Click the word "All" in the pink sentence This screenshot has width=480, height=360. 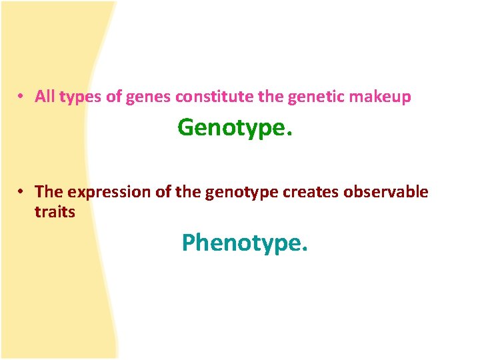click(x=45, y=97)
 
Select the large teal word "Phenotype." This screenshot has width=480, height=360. click(x=245, y=243)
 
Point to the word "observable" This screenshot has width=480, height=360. click(x=386, y=192)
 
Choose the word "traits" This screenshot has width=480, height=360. click(x=55, y=213)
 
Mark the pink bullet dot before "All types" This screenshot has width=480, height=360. click(x=22, y=97)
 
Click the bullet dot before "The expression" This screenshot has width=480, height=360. click(x=22, y=192)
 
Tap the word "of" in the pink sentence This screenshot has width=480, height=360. click(x=114, y=97)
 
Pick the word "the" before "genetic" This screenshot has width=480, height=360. click(x=271, y=97)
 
